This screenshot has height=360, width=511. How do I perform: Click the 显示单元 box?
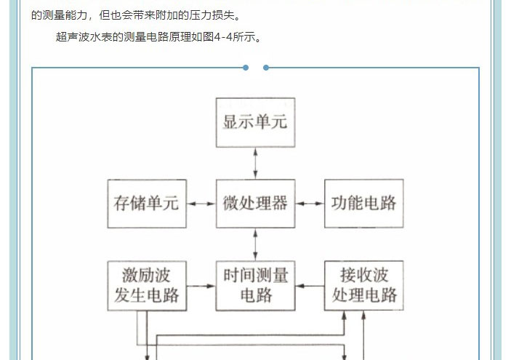pyautogui.click(x=254, y=121)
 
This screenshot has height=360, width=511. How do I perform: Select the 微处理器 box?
pyautogui.click(x=254, y=203)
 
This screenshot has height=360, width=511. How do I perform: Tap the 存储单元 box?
pyautogui.click(x=146, y=203)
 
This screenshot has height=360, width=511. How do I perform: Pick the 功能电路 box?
pyautogui.click(x=363, y=203)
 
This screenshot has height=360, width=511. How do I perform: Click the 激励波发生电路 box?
pyautogui.click(x=146, y=285)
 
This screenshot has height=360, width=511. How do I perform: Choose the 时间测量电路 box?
pyautogui.click(x=254, y=285)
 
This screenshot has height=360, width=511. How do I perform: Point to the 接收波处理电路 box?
pyautogui.click(x=363, y=285)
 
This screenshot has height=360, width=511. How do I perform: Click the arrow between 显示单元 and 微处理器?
pyautogui.click(x=254, y=162)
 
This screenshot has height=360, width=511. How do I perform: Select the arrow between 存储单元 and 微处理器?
pyautogui.click(x=201, y=203)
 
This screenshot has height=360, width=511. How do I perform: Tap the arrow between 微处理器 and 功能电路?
pyautogui.click(x=309, y=203)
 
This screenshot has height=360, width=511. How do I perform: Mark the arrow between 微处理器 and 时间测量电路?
pyautogui.click(x=254, y=244)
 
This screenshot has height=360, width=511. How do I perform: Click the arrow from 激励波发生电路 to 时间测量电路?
pyautogui.click(x=201, y=286)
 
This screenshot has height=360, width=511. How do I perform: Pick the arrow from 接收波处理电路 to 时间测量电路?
pyautogui.click(x=309, y=286)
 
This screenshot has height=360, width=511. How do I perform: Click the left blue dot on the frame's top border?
pyautogui.click(x=246, y=68)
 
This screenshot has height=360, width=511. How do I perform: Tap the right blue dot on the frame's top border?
pyautogui.click(x=266, y=68)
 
